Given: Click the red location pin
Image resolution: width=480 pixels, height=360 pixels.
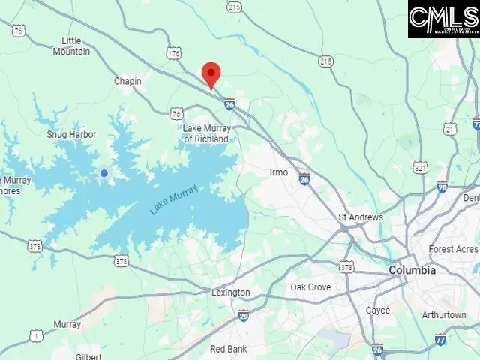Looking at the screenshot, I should pos(211,74).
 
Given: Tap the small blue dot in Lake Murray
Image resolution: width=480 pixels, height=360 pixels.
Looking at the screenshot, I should pos(104,173).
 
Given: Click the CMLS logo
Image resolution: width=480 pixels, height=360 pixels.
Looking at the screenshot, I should pos(444,19).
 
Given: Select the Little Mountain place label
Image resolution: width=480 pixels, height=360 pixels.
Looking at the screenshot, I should pos(71,46).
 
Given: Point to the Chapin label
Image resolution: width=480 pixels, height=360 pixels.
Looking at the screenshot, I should pos(127,81).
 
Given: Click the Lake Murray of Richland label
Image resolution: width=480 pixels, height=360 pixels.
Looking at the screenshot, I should pos(207,133).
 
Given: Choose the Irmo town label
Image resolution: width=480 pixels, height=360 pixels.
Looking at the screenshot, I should pos(278,172).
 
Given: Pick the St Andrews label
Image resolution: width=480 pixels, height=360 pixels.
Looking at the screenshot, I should pos(361,217).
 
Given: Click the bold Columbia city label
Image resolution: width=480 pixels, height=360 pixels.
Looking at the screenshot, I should pos(412,270).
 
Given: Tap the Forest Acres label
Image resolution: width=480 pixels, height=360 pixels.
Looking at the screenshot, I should pos(453,249).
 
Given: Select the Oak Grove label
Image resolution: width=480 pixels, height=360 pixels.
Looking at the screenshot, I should pos(310,287).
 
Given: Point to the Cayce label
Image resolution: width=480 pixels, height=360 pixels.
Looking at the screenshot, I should pos(377,310).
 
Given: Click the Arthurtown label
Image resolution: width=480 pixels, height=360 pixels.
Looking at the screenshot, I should pos(444,315).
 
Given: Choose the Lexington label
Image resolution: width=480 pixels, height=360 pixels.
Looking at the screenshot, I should pos(230,292).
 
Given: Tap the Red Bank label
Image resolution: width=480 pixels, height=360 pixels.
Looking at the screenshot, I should pos(228,349).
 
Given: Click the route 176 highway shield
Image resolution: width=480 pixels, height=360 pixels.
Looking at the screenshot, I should pos(174,53).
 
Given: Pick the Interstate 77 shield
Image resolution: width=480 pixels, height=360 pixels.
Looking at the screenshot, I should pos(441,339).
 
